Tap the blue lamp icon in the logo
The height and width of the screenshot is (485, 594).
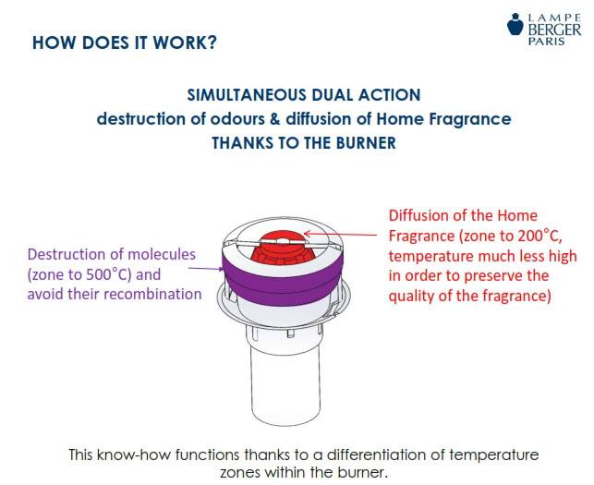[x=515, y=24]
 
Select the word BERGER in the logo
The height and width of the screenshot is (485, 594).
[x=554, y=30]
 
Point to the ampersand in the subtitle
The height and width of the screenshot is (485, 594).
[x=274, y=119]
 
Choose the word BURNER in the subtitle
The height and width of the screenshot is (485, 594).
[x=366, y=143]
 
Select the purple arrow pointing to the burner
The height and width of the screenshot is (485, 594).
[x=206, y=269]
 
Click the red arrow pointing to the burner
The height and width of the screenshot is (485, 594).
[x=341, y=234]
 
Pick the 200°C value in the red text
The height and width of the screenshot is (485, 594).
[x=539, y=236]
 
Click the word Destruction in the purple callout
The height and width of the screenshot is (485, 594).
[x=67, y=254]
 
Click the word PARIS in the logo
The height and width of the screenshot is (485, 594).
[x=547, y=41]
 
